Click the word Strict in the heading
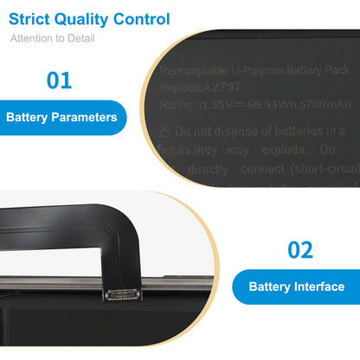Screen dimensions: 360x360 [34, 19]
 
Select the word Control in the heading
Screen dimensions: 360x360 [145, 19]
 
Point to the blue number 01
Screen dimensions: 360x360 [58, 81]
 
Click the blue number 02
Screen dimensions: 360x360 [299, 251]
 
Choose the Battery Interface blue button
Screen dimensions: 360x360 [296, 286]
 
